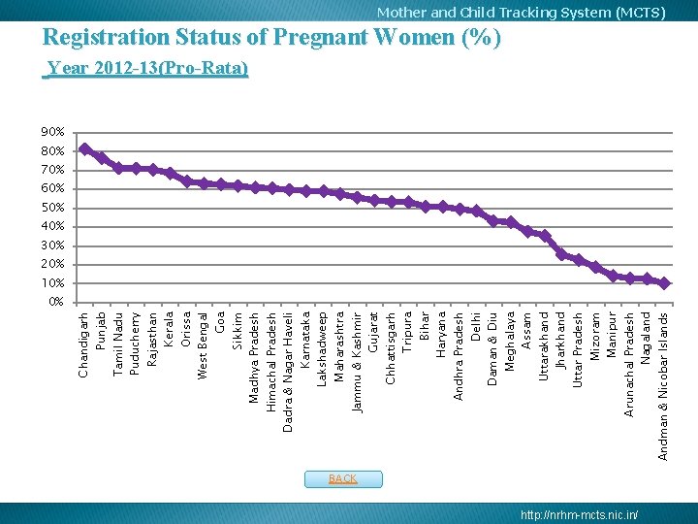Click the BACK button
[x=343, y=479]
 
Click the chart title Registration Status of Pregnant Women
[x=272, y=38]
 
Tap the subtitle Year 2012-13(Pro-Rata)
[x=147, y=69]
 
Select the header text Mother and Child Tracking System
[x=521, y=13]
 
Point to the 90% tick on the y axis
[x=53, y=132]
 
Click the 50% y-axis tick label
[x=53, y=208]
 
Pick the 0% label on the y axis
[x=56, y=302]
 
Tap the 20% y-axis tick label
[x=53, y=264]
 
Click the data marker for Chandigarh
[x=85, y=149]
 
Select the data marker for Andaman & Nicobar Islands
[x=664, y=283]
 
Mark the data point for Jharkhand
[x=561, y=254]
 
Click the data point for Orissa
[x=187, y=180]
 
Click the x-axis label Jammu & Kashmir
[x=358, y=362]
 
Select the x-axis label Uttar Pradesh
[x=579, y=349]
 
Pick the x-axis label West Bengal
[x=204, y=344]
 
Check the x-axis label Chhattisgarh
[x=391, y=346]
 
